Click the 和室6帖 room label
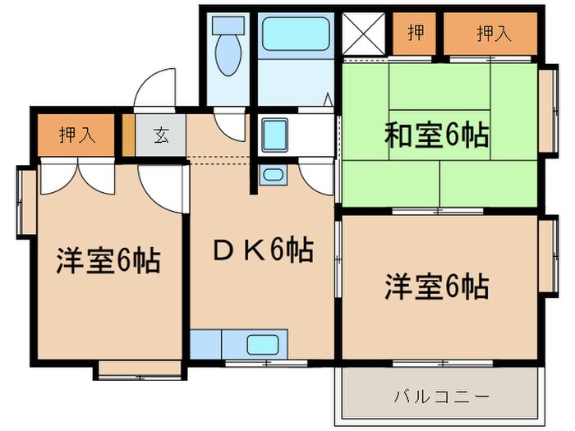click(x=436, y=134)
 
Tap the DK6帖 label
click(x=262, y=250)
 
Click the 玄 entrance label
click(x=160, y=136)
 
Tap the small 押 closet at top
click(x=415, y=34)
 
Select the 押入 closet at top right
click(x=491, y=34)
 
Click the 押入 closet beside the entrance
click(x=76, y=134)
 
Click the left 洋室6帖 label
click(x=108, y=261)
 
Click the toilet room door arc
click(x=230, y=123)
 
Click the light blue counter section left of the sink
click(x=205, y=345)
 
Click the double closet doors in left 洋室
click(x=76, y=174)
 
